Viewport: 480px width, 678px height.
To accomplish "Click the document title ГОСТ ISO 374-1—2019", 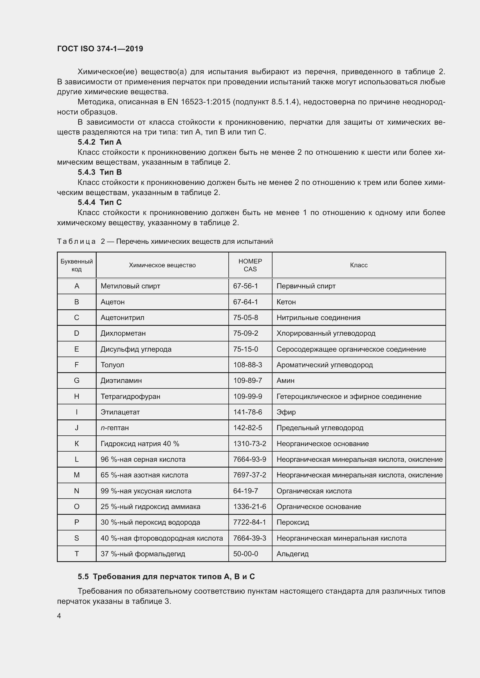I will point(100,49).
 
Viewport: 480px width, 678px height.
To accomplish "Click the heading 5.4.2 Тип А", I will point(100,142).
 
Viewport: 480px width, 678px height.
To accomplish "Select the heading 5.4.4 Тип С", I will point(100,202).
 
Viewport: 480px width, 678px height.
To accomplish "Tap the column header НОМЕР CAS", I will point(250,265).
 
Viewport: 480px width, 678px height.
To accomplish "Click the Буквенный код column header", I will point(77,265).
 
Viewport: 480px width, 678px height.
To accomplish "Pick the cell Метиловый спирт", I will point(130,286).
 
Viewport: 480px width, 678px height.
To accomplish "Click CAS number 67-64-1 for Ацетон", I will point(245,302).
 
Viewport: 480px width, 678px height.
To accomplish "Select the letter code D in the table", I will point(77,333).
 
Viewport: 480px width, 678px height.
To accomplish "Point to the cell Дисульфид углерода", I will point(136,349).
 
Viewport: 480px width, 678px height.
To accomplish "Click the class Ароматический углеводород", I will point(324,365).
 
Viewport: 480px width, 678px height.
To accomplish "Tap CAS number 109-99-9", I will point(247,396).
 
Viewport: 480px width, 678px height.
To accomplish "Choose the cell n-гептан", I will point(115,428).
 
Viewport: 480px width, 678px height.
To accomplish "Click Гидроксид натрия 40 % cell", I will point(140,443).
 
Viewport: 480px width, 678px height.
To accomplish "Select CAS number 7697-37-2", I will point(250,475).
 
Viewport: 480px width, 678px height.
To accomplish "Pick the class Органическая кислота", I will point(314,491).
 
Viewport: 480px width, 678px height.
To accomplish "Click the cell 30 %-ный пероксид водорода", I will point(150,522).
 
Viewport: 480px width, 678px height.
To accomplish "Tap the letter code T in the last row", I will point(77,554).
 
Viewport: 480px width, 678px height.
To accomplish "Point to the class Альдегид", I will point(292,554).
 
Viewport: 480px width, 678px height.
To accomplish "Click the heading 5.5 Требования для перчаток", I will point(166,577).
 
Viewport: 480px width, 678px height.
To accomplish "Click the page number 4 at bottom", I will point(59,616).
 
